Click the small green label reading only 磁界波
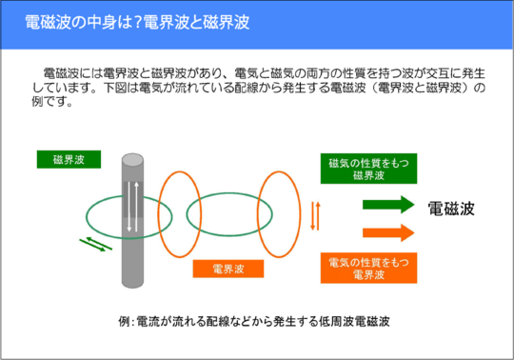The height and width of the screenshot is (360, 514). (69, 159)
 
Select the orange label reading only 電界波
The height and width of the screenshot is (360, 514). (228, 269)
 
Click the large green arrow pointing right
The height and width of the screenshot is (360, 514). (387, 205)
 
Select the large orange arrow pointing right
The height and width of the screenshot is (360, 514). (387, 231)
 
